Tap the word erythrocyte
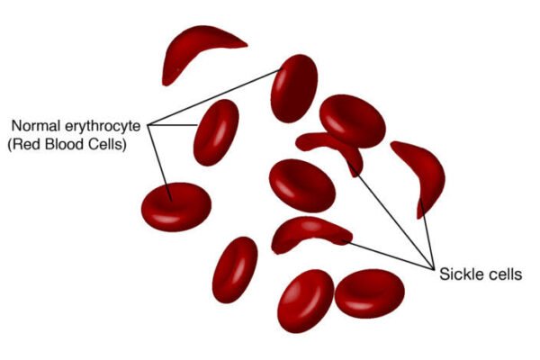103,126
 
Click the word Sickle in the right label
459,274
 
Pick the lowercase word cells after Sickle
502,274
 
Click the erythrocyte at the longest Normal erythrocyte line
293,88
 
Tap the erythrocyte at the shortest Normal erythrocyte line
216,132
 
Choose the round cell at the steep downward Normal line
176,207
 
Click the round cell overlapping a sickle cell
352,121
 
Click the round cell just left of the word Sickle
370,293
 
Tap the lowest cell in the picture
305,301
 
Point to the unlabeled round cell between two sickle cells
302,185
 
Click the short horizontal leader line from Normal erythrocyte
173,125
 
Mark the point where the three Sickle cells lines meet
433,268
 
